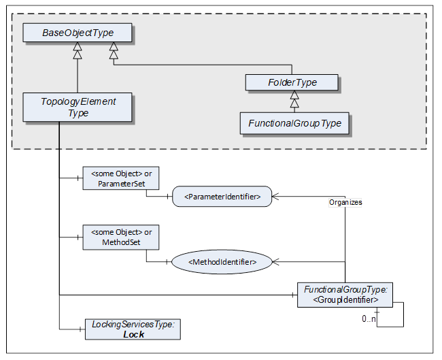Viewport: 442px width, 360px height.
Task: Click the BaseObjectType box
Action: tap(78, 33)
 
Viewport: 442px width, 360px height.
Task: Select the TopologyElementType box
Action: tap(78, 108)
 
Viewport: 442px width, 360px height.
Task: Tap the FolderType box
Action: tap(292, 82)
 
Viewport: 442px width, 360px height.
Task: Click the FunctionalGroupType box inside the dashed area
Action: tap(294, 123)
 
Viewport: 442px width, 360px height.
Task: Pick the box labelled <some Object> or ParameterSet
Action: tap(121, 178)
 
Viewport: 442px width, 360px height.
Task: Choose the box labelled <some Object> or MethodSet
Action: tap(121, 238)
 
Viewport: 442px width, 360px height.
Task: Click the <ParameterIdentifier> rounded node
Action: tap(222, 197)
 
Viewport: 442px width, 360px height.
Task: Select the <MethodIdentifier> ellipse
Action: tap(222, 262)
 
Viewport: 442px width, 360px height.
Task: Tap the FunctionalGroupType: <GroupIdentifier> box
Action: tap(345, 295)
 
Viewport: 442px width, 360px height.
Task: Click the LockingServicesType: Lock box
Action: tap(133, 329)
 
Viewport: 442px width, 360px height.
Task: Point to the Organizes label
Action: tap(345, 203)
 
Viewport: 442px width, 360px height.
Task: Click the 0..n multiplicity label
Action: tap(369, 318)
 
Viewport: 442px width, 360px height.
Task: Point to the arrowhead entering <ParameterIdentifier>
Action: tap(275, 197)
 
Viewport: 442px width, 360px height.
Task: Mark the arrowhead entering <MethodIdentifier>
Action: tap(276, 262)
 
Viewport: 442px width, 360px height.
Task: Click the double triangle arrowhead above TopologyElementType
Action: tap(78, 51)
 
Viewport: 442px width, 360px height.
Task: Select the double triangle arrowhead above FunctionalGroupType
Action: tap(294, 99)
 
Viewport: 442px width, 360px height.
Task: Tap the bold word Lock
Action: tap(133, 335)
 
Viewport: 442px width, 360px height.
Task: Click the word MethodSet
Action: tap(121, 242)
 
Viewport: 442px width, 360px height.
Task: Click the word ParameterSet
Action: tap(121, 184)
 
